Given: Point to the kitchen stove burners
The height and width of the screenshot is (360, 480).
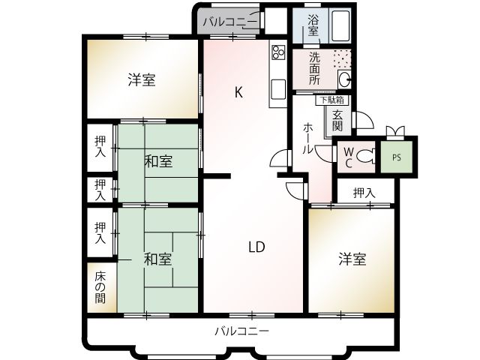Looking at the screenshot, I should pos(277,52).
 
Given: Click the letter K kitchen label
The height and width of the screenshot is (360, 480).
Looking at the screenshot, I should pos(238,93).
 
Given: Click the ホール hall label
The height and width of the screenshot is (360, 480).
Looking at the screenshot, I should pos(307,138).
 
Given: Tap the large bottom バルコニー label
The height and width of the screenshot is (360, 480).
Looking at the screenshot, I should pos(241,330).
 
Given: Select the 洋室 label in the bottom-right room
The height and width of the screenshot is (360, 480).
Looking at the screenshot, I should pos(351,259).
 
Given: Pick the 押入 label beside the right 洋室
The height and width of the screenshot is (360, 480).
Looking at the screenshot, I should pos(364,193).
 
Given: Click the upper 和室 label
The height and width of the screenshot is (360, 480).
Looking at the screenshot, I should pos(158,161).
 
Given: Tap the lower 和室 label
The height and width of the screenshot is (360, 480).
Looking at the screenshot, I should pos(158,259).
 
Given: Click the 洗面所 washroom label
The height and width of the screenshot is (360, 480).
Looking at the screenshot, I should pos(315,69).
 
